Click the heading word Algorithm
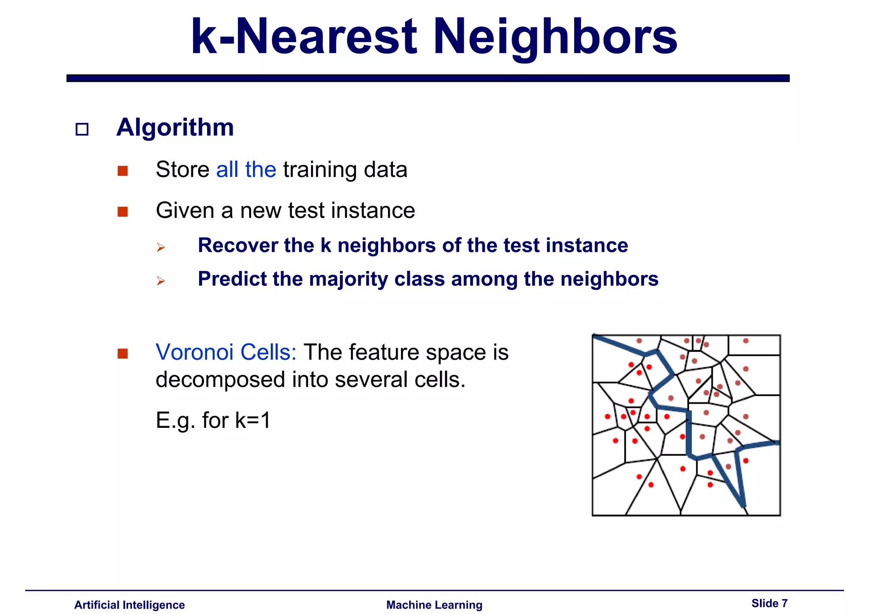175,127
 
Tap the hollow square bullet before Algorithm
82,129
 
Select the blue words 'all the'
246,170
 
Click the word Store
182,170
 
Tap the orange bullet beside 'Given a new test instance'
123,212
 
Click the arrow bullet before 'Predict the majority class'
160,281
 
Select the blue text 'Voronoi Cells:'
226,352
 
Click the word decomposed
220,380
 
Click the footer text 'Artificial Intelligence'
129,605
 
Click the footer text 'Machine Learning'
434,605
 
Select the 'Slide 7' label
769,603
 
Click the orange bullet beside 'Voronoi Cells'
123,354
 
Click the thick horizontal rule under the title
428,78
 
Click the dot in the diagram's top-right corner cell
746,341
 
